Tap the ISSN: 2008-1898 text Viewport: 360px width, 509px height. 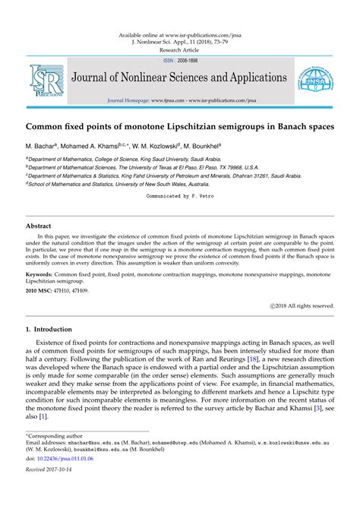point(179,59)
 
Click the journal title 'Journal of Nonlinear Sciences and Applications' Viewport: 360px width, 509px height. point(178,78)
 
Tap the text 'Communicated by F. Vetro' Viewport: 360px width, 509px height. point(180,195)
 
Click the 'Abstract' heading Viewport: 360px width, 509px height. point(39,226)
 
